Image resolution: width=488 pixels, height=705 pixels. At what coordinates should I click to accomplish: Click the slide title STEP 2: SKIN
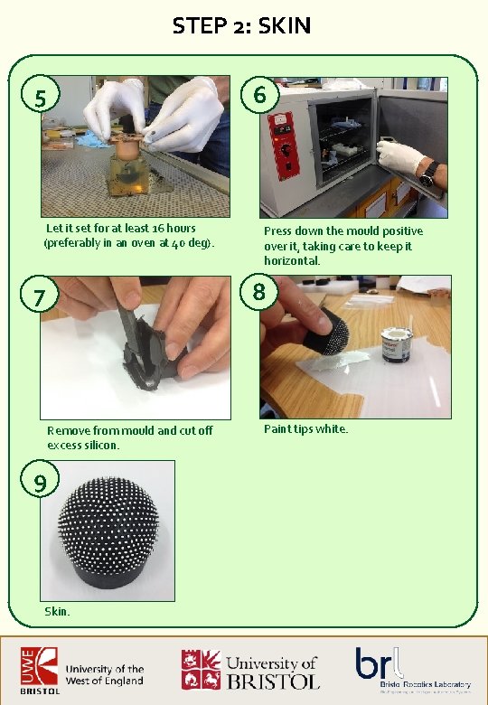coord(242,26)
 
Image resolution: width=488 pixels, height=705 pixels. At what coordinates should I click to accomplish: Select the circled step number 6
coord(261,95)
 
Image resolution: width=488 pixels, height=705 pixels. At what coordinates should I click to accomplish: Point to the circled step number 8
coord(260,291)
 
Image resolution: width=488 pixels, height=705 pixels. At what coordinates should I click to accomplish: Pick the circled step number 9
coord(41,484)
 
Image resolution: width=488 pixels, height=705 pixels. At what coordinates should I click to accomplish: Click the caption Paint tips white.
coord(305,428)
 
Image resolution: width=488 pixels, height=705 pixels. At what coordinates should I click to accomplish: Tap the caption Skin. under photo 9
coord(57,612)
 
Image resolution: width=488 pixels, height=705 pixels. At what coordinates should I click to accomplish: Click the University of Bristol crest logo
coord(201,669)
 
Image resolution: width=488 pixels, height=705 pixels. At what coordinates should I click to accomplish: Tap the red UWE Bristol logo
coord(34,670)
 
